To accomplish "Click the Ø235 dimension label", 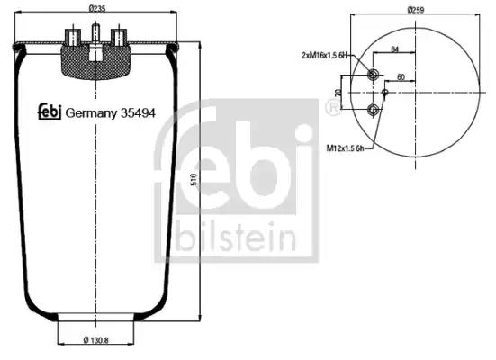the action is click(97, 8).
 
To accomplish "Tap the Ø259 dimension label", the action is click(415, 10).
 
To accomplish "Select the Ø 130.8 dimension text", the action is click(95, 340).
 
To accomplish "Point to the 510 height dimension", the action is click(194, 180).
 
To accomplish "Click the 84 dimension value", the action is click(394, 49).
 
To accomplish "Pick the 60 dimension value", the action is click(401, 77).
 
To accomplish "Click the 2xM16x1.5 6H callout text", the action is click(325, 56).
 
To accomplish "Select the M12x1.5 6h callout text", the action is click(346, 148).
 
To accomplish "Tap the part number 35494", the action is click(138, 112).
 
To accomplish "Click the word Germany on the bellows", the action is click(91, 113).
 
